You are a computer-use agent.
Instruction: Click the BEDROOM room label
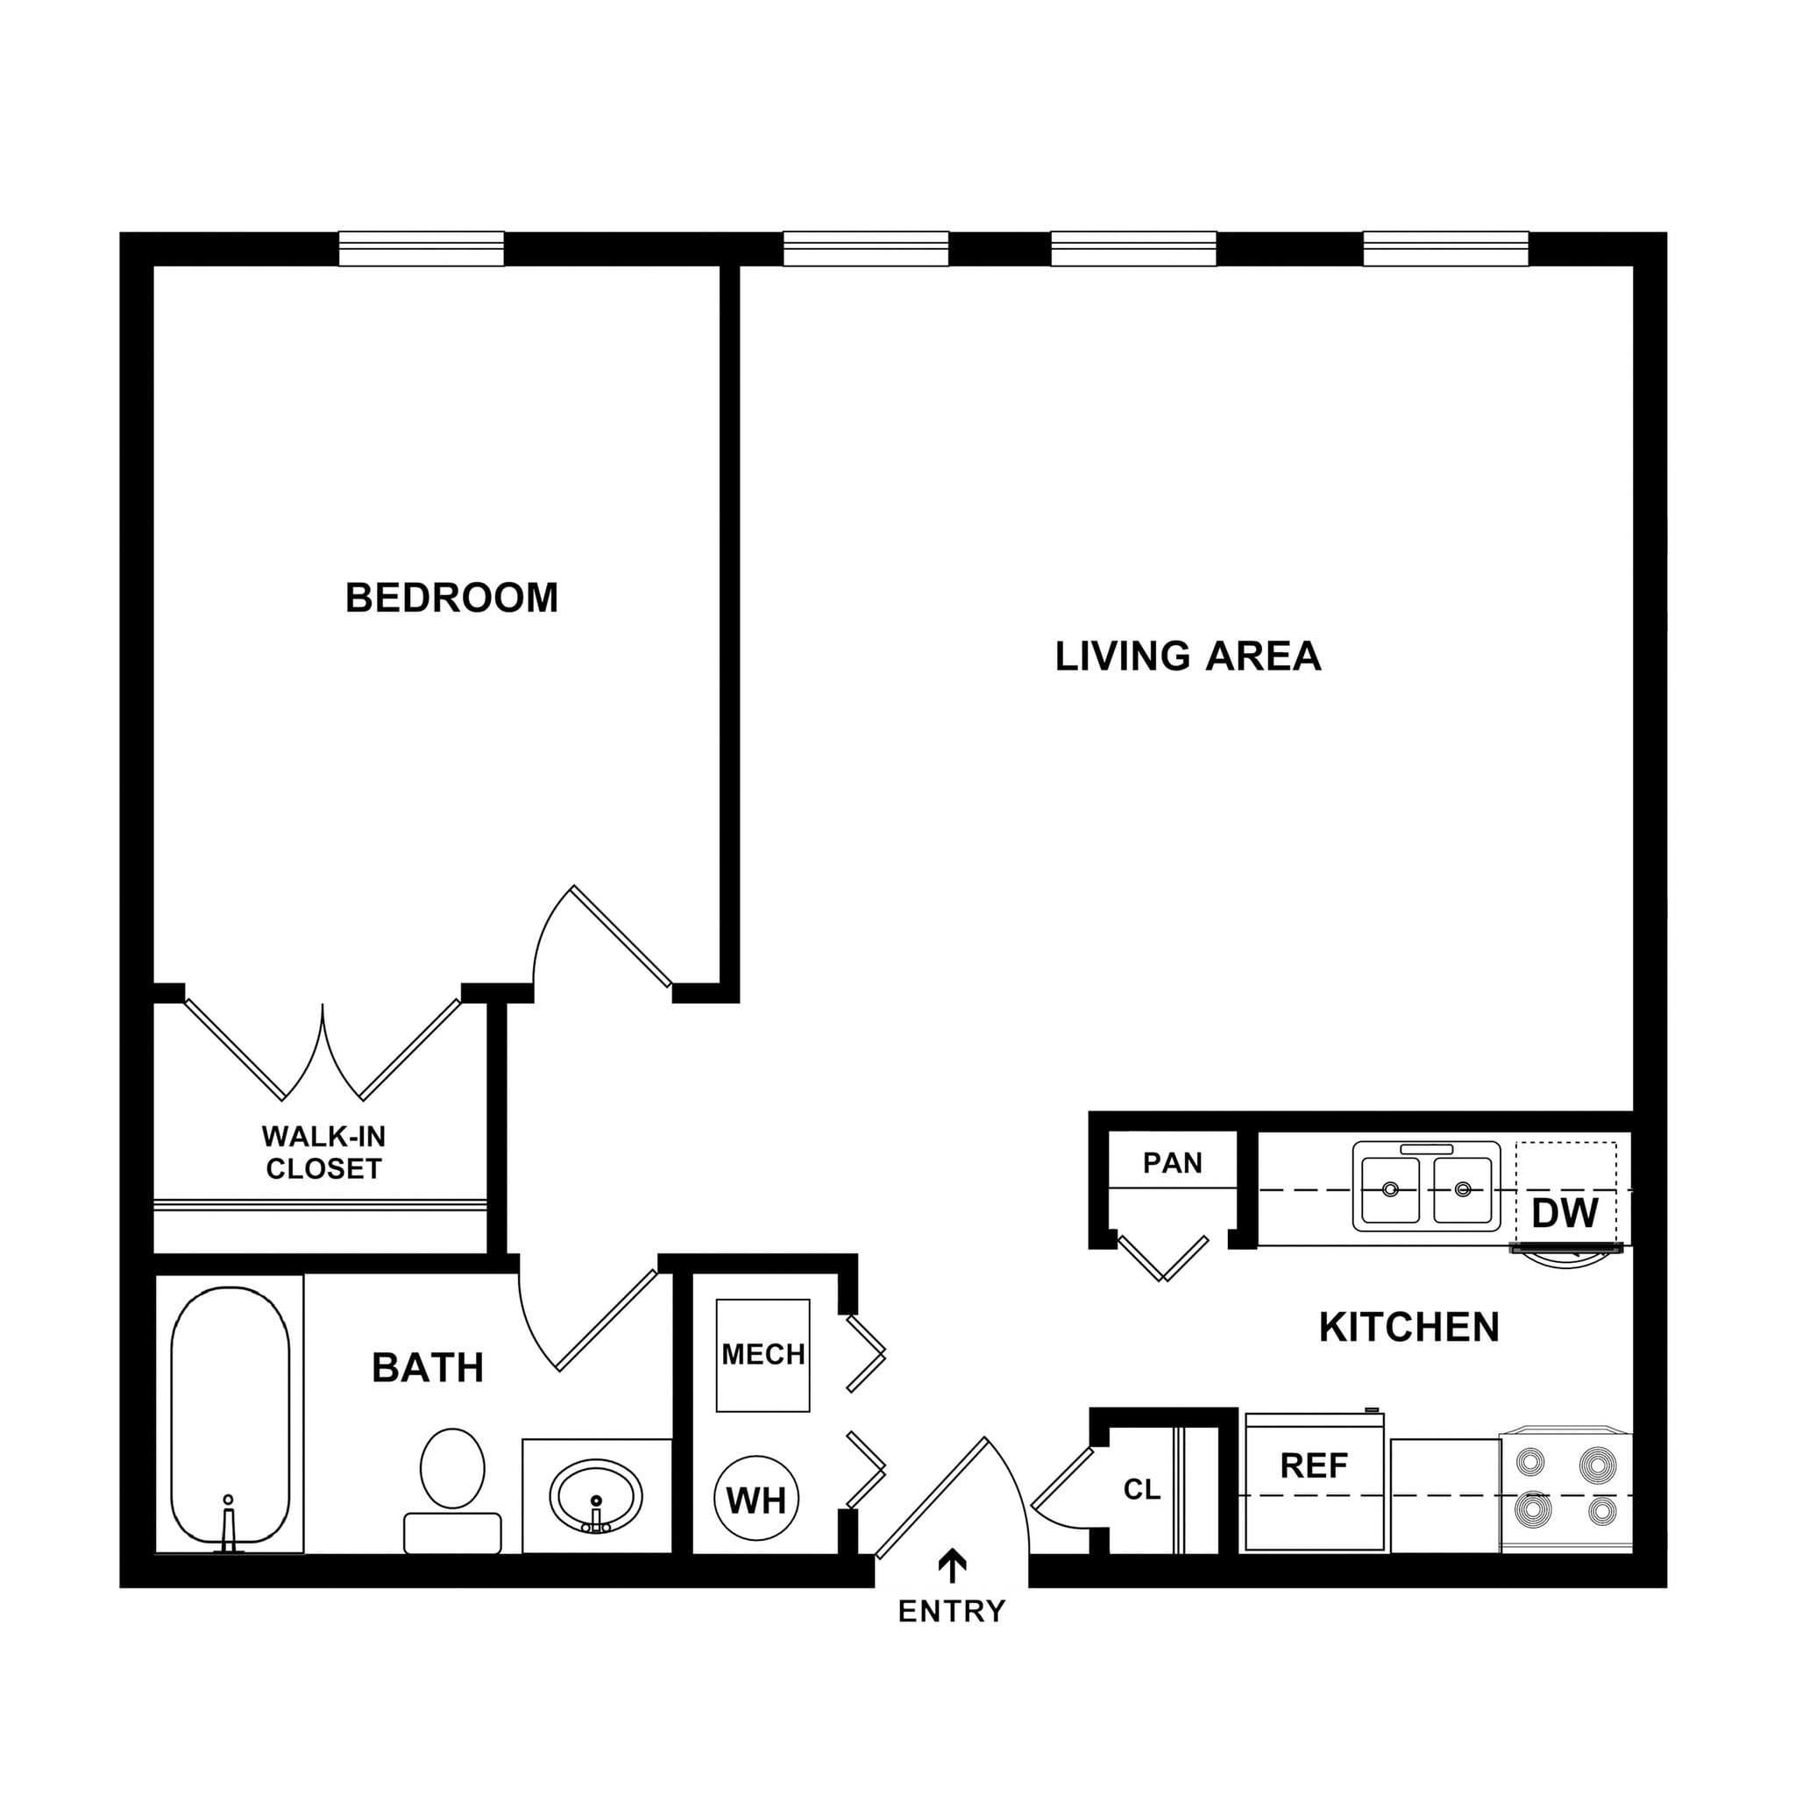[x=451, y=599]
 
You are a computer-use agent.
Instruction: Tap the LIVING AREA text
[x=1188, y=656]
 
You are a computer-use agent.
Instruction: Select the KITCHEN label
[x=1408, y=1328]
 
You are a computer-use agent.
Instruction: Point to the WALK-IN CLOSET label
[x=323, y=1153]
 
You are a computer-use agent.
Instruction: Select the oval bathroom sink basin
[x=595, y=1496]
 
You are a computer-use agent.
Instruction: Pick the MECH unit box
[x=763, y=1356]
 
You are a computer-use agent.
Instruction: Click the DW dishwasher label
[x=1565, y=1213]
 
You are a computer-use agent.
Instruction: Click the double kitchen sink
[x=1426, y=1188]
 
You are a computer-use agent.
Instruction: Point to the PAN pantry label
[x=1173, y=1163]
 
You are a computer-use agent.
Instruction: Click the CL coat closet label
[x=1142, y=1489]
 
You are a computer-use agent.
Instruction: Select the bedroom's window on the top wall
[x=421, y=249]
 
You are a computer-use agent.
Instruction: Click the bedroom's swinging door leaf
[x=621, y=935]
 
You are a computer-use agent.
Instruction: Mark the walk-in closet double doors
[x=323, y=1053]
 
